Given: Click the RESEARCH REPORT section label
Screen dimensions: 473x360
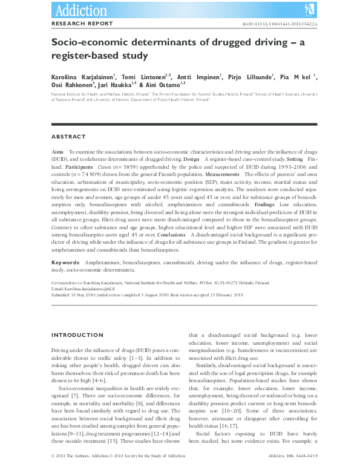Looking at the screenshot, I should (82, 24).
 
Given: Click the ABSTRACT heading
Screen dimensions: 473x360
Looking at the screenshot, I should (68, 137).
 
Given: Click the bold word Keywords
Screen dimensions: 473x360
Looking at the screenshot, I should (65, 263).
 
